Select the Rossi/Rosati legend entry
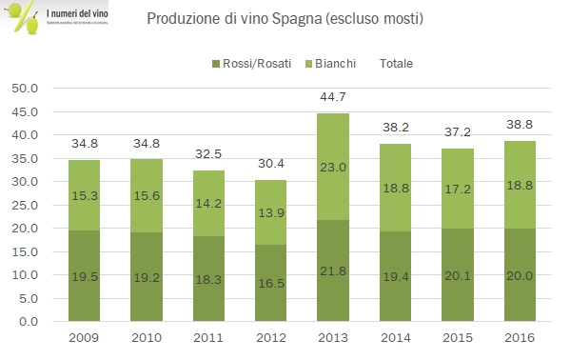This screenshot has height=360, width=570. tap(253, 64)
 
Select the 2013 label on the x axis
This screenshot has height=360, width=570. tap(330, 338)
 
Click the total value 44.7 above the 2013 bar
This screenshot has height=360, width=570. tap(330, 100)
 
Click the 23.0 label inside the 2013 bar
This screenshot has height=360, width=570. tap(330, 168)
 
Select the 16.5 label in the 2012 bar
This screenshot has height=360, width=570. tap(270, 283)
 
